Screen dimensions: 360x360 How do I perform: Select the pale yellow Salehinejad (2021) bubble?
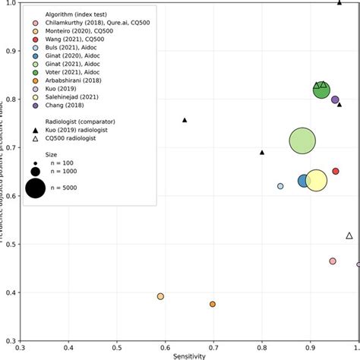tap(316, 180)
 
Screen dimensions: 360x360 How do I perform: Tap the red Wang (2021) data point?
tap(336, 171)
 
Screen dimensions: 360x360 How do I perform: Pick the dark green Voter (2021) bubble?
tap(322, 90)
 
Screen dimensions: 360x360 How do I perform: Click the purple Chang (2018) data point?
tap(335, 99)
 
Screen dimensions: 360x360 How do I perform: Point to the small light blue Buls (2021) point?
tap(280, 186)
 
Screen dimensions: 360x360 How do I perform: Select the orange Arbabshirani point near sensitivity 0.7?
tap(213, 304)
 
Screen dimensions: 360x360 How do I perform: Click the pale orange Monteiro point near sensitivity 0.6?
tap(160, 296)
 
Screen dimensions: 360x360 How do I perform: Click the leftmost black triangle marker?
tap(185, 120)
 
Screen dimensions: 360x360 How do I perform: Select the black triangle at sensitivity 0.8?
tap(263, 152)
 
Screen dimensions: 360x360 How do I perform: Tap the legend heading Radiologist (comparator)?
tap(68, 120)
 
